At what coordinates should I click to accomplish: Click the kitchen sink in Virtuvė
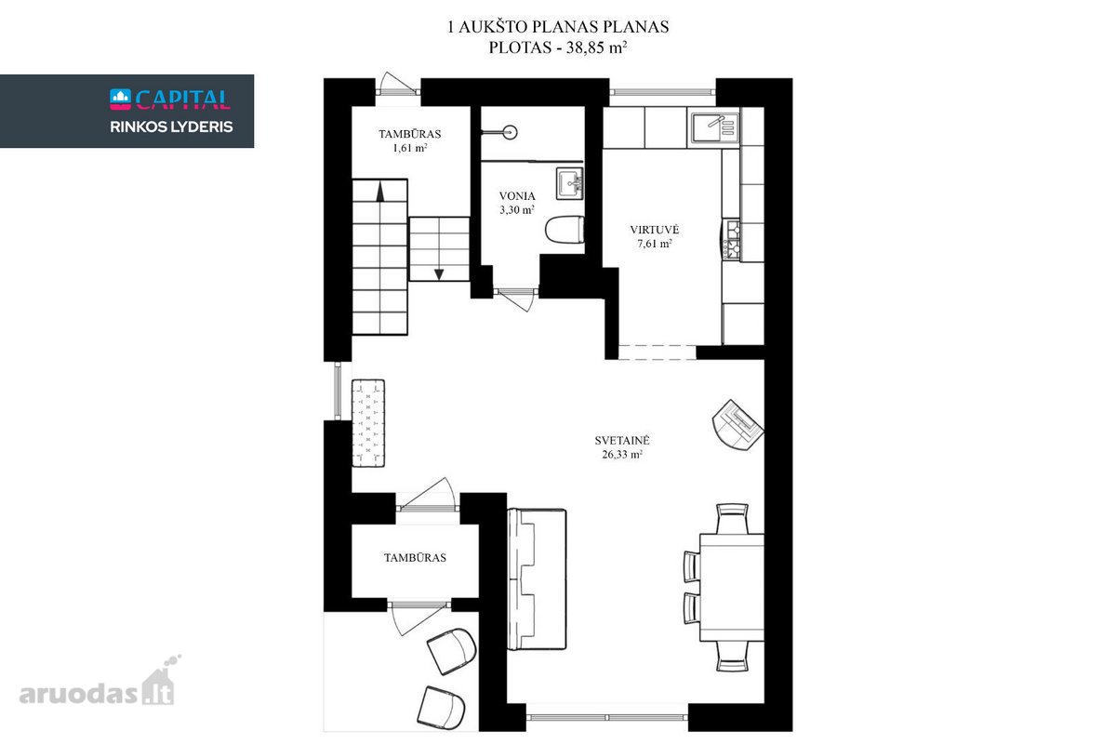(x=713, y=127)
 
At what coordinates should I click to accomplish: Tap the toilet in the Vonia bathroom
(x=565, y=229)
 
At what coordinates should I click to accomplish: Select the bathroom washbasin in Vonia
(x=569, y=183)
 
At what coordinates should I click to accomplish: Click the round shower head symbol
(x=510, y=133)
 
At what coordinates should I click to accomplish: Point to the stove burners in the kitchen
(x=731, y=240)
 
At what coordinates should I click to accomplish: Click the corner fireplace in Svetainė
(x=737, y=425)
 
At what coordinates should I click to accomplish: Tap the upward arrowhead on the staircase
(x=380, y=192)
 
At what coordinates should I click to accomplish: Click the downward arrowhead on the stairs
(x=439, y=274)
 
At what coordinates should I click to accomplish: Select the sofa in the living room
(x=537, y=579)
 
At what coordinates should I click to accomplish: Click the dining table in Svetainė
(x=731, y=588)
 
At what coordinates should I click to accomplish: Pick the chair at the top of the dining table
(x=732, y=519)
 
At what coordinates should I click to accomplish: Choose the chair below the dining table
(x=732, y=657)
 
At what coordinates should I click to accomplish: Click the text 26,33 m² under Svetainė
(x=622, y=455)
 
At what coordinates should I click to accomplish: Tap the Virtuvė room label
(x=654, y=230)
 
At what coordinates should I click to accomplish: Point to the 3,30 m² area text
(x=517, y=210)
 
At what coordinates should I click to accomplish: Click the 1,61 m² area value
(x=409, y=148)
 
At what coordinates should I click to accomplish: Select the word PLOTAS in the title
(x=520, y=47)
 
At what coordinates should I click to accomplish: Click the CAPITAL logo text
(x=183, y=100)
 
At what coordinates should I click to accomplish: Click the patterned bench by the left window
(x=368, y=423)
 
